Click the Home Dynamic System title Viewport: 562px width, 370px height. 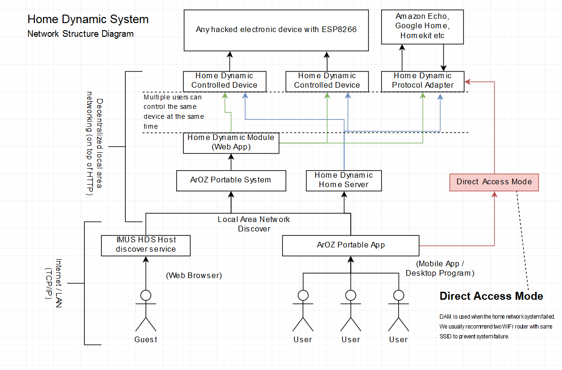[88, 19]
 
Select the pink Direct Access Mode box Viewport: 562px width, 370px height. [494, 181]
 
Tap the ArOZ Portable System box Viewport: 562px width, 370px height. [231, 180]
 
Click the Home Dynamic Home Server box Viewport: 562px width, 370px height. [343, 180]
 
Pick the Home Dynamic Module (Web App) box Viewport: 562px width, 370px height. [231, 142]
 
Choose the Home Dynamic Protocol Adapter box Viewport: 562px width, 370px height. [423, 81]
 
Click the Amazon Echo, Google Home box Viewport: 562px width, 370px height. [423, 26]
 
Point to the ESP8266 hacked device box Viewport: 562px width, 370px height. [276, 30]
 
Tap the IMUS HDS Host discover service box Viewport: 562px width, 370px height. [146, 245]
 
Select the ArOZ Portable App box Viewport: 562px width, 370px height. [350, 245]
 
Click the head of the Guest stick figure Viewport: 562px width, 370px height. [146, 296]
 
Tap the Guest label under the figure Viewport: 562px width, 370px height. [146, 339]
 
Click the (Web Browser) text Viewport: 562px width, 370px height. [194, 275]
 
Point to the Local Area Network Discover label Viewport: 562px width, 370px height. [253, 224]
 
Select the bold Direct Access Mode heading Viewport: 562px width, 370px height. [491, 296]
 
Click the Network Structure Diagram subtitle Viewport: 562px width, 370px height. [81, 34]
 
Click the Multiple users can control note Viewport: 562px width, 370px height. [173, 112]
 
